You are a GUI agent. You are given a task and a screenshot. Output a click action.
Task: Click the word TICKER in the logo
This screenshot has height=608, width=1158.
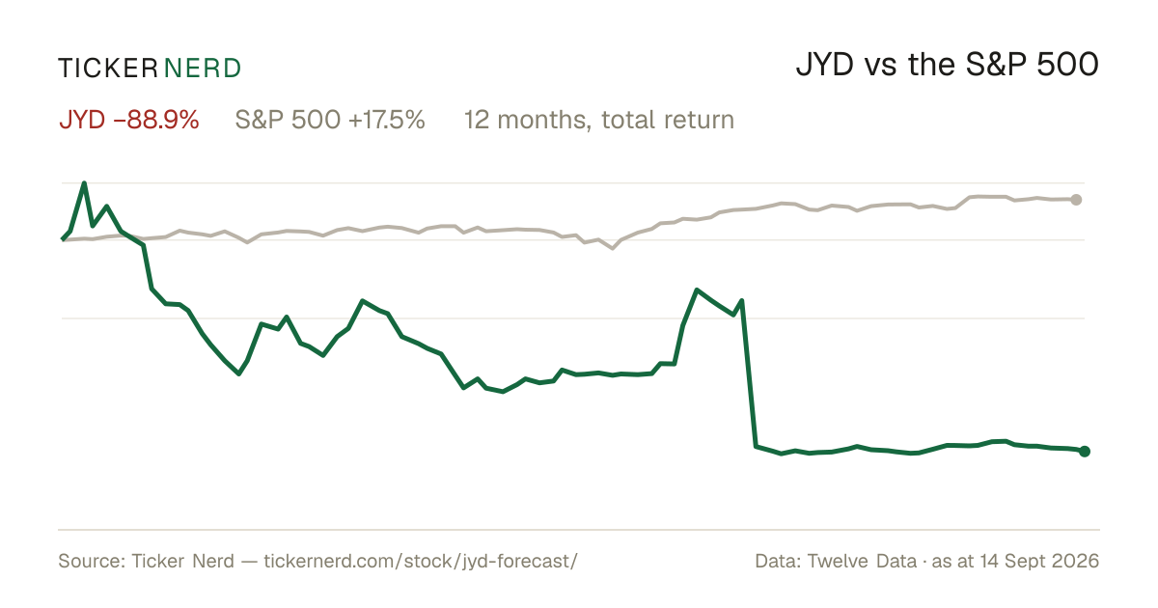[x=108, y=69]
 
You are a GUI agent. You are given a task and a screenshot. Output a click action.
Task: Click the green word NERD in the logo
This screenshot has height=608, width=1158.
[x=203, y=69]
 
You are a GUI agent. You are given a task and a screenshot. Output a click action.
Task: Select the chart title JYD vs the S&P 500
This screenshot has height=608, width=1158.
[x=947, y=66]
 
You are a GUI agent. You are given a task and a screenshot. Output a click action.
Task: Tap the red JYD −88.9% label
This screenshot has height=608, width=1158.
[x=128, y=120]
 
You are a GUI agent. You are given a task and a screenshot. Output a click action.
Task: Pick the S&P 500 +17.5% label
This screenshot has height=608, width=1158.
[x=330, y=120]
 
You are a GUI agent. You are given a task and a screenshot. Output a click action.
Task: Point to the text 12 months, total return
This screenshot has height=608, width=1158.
[x=598, y=121]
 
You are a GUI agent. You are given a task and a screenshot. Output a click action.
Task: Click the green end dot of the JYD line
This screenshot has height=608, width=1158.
[x=1085, y=452]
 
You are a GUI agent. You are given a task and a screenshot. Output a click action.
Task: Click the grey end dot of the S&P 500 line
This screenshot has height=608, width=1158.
[x=1076, y=200]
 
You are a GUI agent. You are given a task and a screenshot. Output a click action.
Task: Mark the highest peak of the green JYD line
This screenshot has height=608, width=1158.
[x=84, y=183]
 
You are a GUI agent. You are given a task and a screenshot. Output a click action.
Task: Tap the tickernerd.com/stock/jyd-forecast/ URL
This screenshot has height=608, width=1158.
[x=421, y=561]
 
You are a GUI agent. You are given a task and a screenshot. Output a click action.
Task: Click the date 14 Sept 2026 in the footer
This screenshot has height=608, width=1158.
[x=1039, y=561]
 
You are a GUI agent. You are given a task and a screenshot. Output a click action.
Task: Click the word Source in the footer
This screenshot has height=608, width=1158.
[x=89, y=561]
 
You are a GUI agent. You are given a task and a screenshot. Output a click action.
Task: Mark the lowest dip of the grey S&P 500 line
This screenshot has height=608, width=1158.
[x=613, y=249]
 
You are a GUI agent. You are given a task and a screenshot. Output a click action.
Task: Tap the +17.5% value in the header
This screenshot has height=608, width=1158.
[x=387, y=120]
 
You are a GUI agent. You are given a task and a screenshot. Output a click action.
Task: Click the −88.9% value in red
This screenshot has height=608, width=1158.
[x=155, y=120]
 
